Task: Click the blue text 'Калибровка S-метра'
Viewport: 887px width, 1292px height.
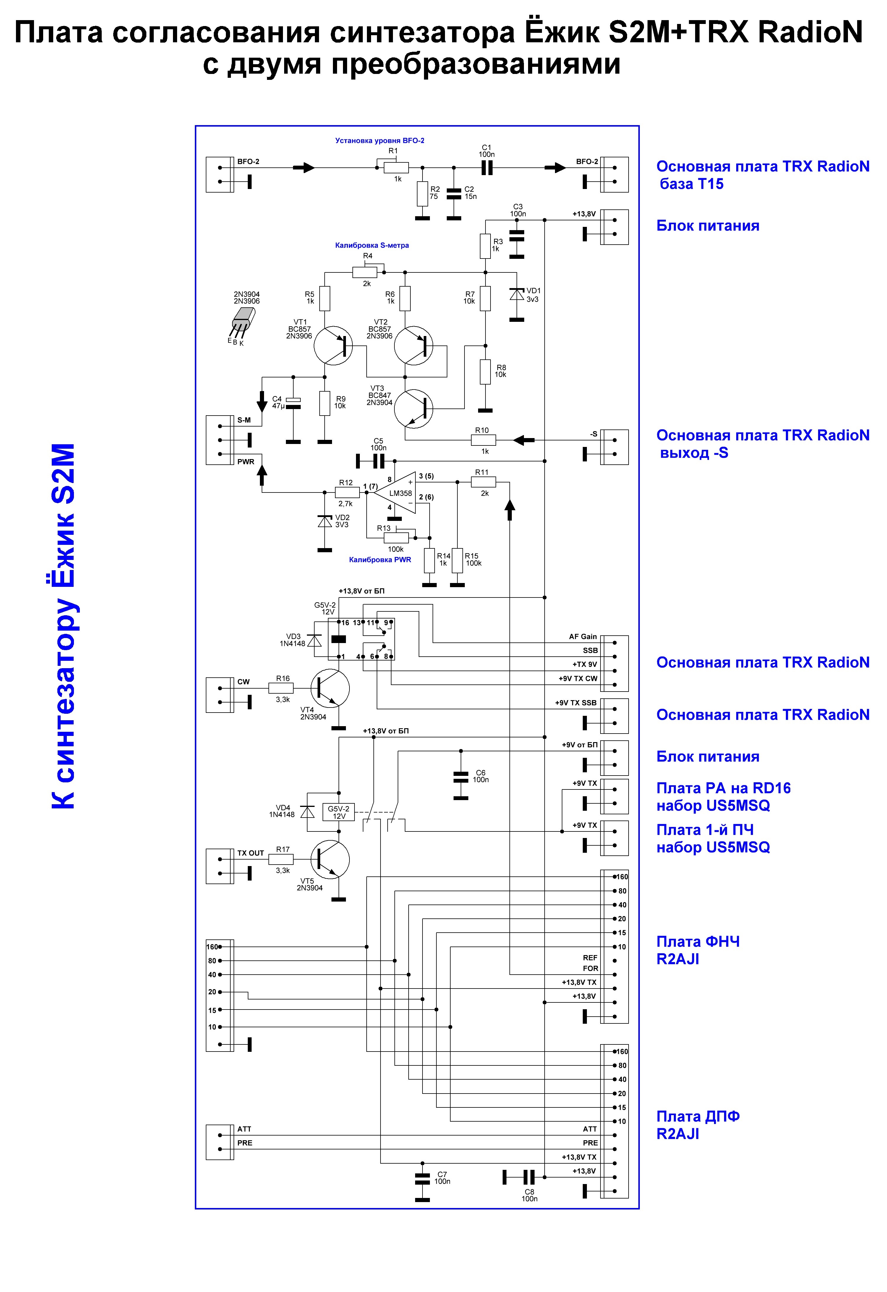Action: coord(372,245)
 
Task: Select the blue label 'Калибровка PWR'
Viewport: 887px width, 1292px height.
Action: coord(380,560)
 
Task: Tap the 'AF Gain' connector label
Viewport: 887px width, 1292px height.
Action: coord(583,637)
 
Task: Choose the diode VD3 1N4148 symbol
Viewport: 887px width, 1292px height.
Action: coord(315,640)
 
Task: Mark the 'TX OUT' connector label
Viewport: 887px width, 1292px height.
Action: coord(251,853)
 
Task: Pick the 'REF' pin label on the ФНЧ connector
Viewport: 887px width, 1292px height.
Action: coord(590,958)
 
